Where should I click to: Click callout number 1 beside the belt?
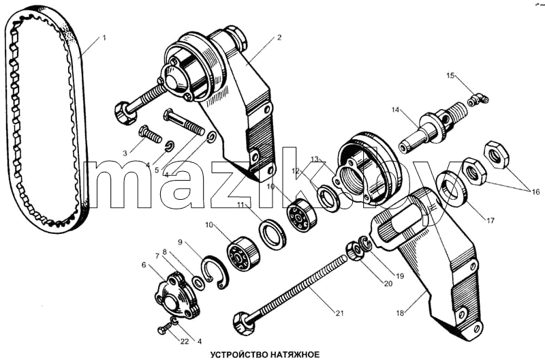click(x=104, y=37)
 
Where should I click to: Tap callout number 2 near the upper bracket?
click(x=279, y=37)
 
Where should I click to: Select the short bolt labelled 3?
click(x=150, y=134)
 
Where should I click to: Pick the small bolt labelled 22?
click(x=165, y=328)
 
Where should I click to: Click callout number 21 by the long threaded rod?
click(x=339, y=313)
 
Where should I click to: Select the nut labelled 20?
click(x=354, y=252)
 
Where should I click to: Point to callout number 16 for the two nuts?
click(x=535, y=192)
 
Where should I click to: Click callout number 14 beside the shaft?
click(x=395, y=110)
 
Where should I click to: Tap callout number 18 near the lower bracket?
click(x=400, y=313)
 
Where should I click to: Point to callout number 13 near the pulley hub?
click(x=315, y=159)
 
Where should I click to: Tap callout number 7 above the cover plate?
click(x=157, y=256)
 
